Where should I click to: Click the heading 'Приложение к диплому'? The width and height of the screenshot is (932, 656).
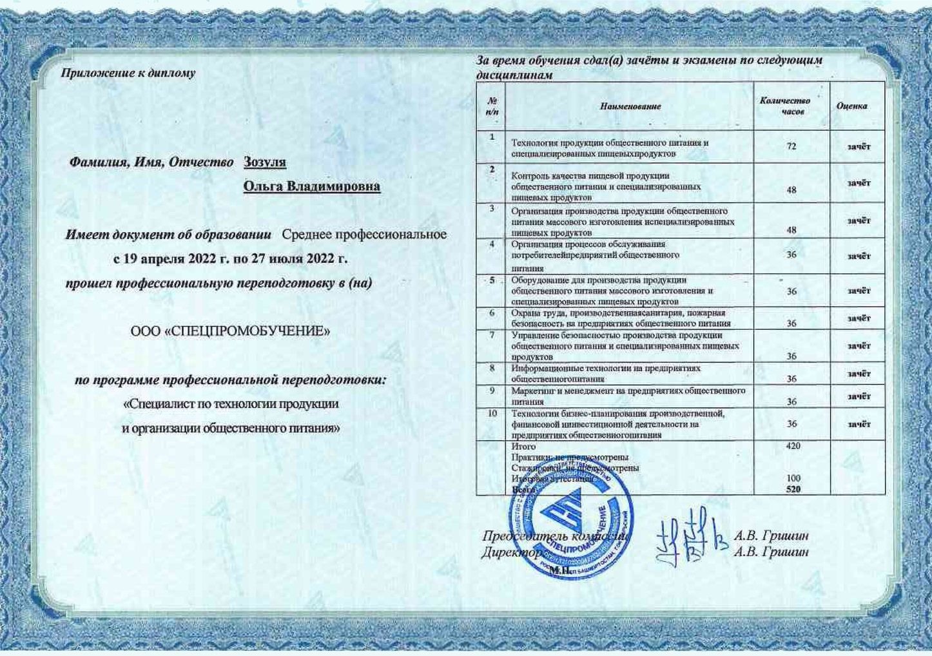(128, 73)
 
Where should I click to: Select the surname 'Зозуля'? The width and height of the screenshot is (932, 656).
(264, 162)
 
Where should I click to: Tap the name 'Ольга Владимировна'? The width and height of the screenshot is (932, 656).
(311, 187)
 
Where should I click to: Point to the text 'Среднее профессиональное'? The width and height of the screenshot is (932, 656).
(364, 235)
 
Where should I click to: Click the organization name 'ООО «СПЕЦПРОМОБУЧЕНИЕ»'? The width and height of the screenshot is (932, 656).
(230, 332)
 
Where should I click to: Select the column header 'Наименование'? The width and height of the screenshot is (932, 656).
(630, 106)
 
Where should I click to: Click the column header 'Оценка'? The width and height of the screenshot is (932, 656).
(851, 106)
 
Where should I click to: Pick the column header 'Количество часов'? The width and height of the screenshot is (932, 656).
(785, 106)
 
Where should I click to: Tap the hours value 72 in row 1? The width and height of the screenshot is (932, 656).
(791, 147)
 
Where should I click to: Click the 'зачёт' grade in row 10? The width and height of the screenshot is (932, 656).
(859, 425)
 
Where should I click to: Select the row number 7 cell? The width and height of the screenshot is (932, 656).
(492, 335)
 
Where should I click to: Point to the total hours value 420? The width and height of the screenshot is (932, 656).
(793, 446)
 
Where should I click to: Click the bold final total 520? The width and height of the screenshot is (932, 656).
(793, 489)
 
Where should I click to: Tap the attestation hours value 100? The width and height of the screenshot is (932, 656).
(793, 478)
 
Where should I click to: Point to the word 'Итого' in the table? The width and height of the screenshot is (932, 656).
(523, 447)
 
